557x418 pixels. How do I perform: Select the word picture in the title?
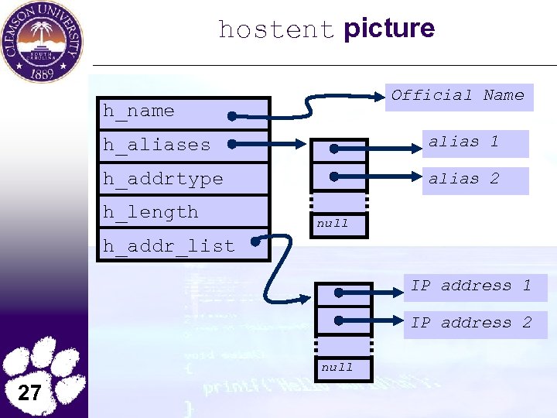[x=389, y=29]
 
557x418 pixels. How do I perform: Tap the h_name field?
[x=183, y=111]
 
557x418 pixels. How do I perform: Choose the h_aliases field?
[x=183, y=145]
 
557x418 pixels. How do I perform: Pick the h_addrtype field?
[x=183, y=179]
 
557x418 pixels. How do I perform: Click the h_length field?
[x=183, y=212]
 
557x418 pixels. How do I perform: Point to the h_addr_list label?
[x=169, y=246]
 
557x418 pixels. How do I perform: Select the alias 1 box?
[x=474, y=142]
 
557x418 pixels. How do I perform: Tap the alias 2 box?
[x=474, y=180]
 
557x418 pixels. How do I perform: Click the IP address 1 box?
[x=478, y=286]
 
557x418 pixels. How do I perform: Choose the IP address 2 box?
[x=478, y=324]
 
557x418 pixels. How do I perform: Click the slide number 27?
[x=29, y=392]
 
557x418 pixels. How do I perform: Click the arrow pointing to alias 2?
[x=379, y=177]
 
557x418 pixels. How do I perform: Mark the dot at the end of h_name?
[x=232, y=117]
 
